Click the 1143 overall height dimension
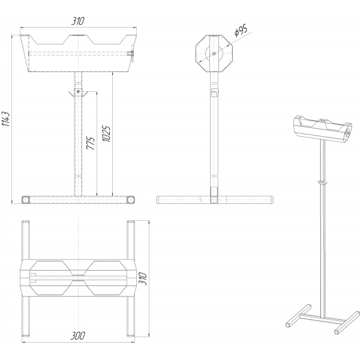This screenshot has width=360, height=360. point(6,119)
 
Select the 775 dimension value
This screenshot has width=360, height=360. point(91,143)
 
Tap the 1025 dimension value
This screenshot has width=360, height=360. point(106,134)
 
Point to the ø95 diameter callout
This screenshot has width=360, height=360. point(241,31)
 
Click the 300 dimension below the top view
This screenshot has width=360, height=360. point(78,335)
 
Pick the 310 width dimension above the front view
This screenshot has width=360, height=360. point(78,21)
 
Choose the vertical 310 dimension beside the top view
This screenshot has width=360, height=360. point(143,279)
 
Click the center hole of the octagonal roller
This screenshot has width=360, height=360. point(214,53)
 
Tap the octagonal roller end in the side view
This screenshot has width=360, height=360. point(214,53)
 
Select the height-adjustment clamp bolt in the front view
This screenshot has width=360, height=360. point(79,92)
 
